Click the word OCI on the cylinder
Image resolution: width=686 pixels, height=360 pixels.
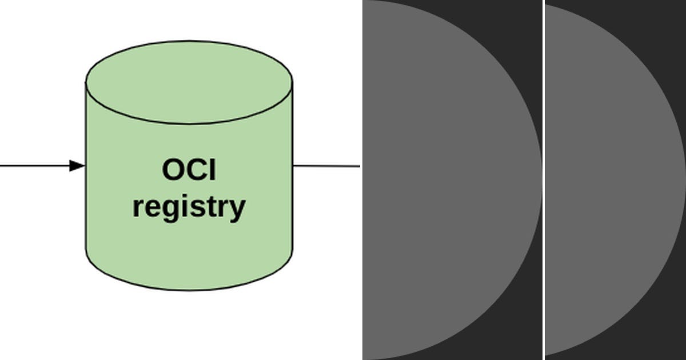point(189,170)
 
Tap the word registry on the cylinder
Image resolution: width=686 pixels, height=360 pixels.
point(189,207)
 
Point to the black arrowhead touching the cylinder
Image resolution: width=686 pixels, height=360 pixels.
point(77,166)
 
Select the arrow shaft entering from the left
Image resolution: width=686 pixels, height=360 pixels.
point(34,166)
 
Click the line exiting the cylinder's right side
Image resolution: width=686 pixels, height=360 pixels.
point(326,166)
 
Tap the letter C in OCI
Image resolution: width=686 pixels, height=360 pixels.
point(194,170)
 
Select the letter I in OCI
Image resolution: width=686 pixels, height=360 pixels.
point(212,170)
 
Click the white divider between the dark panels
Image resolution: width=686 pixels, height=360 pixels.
point(543,180)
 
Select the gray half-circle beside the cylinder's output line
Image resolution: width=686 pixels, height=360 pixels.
point(446,180)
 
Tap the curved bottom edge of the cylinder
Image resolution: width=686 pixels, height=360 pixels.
point(189,289)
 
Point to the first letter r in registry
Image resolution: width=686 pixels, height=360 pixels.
point(138,207)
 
